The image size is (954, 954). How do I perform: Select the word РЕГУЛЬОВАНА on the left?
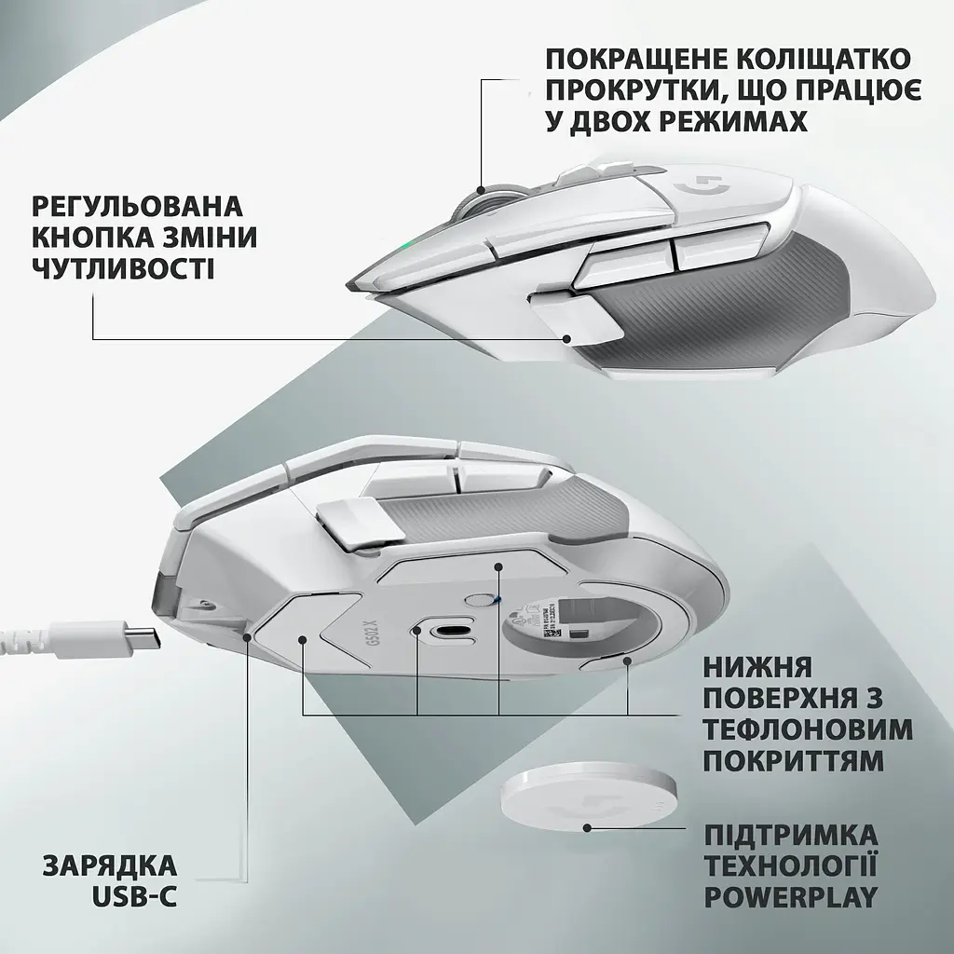[137, 205]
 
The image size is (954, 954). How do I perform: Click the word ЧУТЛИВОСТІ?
[122, 269]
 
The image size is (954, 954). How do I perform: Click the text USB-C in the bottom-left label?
[135, 897]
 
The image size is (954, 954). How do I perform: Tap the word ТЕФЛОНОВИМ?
[808, 728]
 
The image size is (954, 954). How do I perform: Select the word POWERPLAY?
[791, 897]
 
